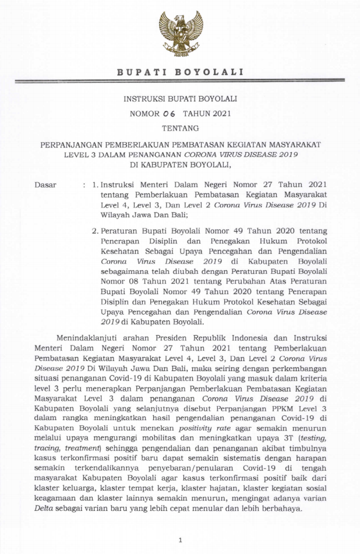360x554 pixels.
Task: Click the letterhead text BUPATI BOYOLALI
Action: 180,73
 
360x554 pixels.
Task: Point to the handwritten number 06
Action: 170,114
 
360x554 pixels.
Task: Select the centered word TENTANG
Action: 180,128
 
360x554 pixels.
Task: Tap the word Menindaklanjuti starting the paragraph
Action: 93,337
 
